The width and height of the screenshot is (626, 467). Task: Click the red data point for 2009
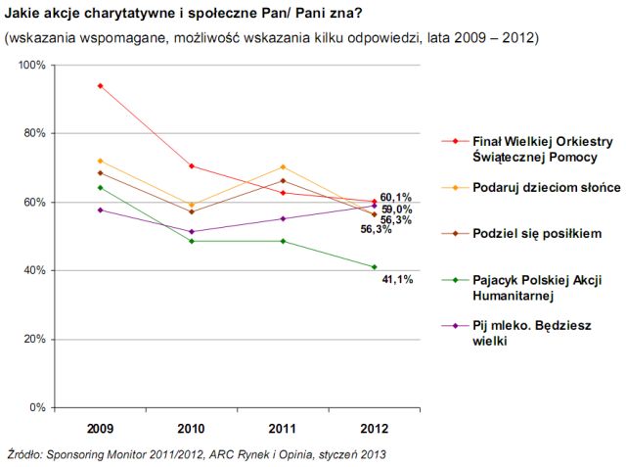100,86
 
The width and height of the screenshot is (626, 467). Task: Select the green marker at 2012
374,267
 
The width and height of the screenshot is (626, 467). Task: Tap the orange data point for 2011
283,166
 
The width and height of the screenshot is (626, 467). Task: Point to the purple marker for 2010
192,232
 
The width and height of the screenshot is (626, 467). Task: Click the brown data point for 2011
283,180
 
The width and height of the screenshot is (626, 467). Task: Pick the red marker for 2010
192,165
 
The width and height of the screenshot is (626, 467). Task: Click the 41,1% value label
396,280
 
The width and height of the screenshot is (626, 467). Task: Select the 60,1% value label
396,197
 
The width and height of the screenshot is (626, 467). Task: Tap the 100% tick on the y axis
33,65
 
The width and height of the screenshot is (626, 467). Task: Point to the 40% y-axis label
36,270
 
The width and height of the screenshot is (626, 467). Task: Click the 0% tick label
39,407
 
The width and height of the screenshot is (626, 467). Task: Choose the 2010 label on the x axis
192,428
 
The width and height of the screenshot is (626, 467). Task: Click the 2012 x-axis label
374,428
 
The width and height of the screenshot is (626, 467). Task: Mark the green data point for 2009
100,187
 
